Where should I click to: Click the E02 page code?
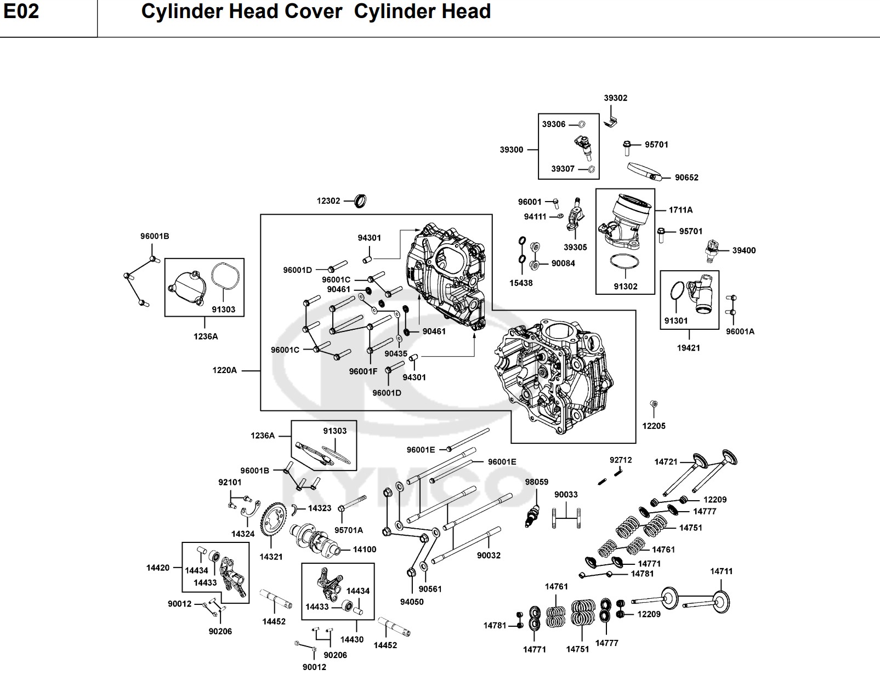(21, 11)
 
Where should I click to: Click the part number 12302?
(328, 201)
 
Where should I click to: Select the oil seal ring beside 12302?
(360, 201)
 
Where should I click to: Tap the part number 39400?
(743, 250)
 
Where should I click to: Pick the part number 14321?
(271, 557)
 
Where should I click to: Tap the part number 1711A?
(680, 210)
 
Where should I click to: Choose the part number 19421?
(688, 348)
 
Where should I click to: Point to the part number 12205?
(654, 426)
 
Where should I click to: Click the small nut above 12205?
(653, 405)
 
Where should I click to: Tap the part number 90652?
(686, 178)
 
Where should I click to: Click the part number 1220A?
(225, 370)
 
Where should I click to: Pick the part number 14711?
(721, 571)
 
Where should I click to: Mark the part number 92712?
(621, 460)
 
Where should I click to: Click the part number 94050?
(411, 602)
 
